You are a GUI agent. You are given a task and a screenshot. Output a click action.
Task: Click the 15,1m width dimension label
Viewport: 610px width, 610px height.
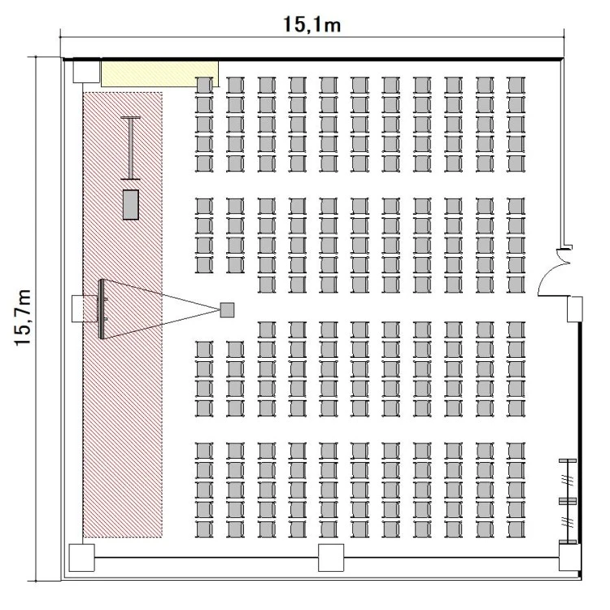312,24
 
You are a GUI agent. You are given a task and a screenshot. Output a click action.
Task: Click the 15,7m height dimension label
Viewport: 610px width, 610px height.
23,317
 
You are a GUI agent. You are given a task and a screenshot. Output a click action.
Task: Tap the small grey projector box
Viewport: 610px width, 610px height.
227,310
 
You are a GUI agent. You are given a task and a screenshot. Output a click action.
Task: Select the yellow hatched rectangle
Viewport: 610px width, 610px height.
159,73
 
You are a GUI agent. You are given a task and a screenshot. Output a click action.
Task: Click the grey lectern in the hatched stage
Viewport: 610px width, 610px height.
131,205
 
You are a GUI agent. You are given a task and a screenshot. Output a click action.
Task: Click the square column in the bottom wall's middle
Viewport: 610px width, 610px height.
331,557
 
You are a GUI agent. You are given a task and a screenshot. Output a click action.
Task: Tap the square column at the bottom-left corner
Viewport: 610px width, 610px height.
81,557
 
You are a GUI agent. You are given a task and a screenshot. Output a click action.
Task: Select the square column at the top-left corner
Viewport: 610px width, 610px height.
86,71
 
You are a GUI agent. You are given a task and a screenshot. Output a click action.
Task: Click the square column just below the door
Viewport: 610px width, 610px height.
574,309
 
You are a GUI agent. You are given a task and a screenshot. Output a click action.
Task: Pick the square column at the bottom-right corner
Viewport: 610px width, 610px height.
570,557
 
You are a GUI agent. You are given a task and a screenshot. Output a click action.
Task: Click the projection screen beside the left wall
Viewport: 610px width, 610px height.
102,309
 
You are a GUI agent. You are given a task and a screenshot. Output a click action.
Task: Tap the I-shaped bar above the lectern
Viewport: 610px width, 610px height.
131,148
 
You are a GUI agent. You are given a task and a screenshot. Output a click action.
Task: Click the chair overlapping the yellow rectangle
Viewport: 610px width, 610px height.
204,85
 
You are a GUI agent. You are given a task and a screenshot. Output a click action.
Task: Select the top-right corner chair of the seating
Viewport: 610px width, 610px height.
516,85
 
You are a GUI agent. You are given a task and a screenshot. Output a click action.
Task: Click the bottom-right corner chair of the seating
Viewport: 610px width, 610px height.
516,529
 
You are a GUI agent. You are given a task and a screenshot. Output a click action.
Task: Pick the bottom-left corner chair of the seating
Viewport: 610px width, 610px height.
204,529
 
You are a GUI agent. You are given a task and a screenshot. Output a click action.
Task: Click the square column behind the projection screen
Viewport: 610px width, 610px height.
85,309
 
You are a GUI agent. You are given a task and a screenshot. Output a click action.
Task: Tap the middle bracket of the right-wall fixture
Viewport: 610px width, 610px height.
568,501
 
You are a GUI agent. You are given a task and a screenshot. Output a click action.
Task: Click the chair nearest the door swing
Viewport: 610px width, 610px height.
516,285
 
